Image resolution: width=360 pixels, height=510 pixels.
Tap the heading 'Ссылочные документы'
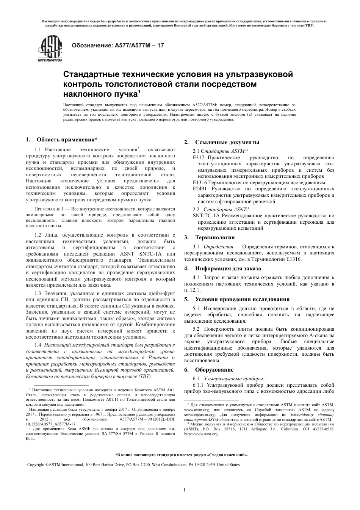[227, 142]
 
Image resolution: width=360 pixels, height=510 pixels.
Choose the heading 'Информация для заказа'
[228, 268]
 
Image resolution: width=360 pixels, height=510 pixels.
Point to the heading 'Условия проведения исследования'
[242, 299]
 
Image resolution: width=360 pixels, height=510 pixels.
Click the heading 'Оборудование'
[214, 370]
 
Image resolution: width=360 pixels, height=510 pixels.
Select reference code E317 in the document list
[199, 158]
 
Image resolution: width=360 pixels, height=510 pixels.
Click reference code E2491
[200, 188]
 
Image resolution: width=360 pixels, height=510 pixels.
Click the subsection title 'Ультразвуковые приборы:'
[234, 378]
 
